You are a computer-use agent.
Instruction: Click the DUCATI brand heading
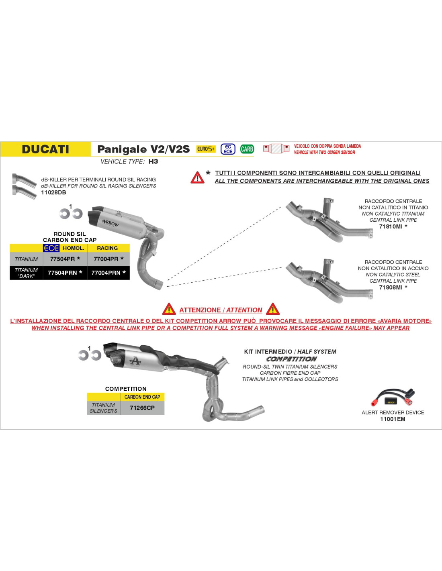45,149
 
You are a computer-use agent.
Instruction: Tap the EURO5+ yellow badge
206,149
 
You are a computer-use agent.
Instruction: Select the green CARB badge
247,149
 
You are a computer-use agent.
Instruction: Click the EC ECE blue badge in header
228,149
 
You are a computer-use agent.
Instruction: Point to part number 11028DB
53,192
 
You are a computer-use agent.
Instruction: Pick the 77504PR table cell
65,259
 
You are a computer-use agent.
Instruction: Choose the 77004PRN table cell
108,273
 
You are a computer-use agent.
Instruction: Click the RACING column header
107,248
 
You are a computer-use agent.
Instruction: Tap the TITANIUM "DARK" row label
26,273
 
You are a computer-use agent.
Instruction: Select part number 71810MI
391,226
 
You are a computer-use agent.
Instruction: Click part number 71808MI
391,287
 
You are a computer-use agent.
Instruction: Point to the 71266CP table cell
142,408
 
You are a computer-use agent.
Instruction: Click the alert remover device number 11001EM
393,419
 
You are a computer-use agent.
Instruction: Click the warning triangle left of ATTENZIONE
169,309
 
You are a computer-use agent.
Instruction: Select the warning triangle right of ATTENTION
273,309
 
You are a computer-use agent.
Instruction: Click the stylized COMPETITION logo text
292,359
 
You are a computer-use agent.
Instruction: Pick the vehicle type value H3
153,161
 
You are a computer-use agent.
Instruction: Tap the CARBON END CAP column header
142,397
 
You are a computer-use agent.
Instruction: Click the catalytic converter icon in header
276,149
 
